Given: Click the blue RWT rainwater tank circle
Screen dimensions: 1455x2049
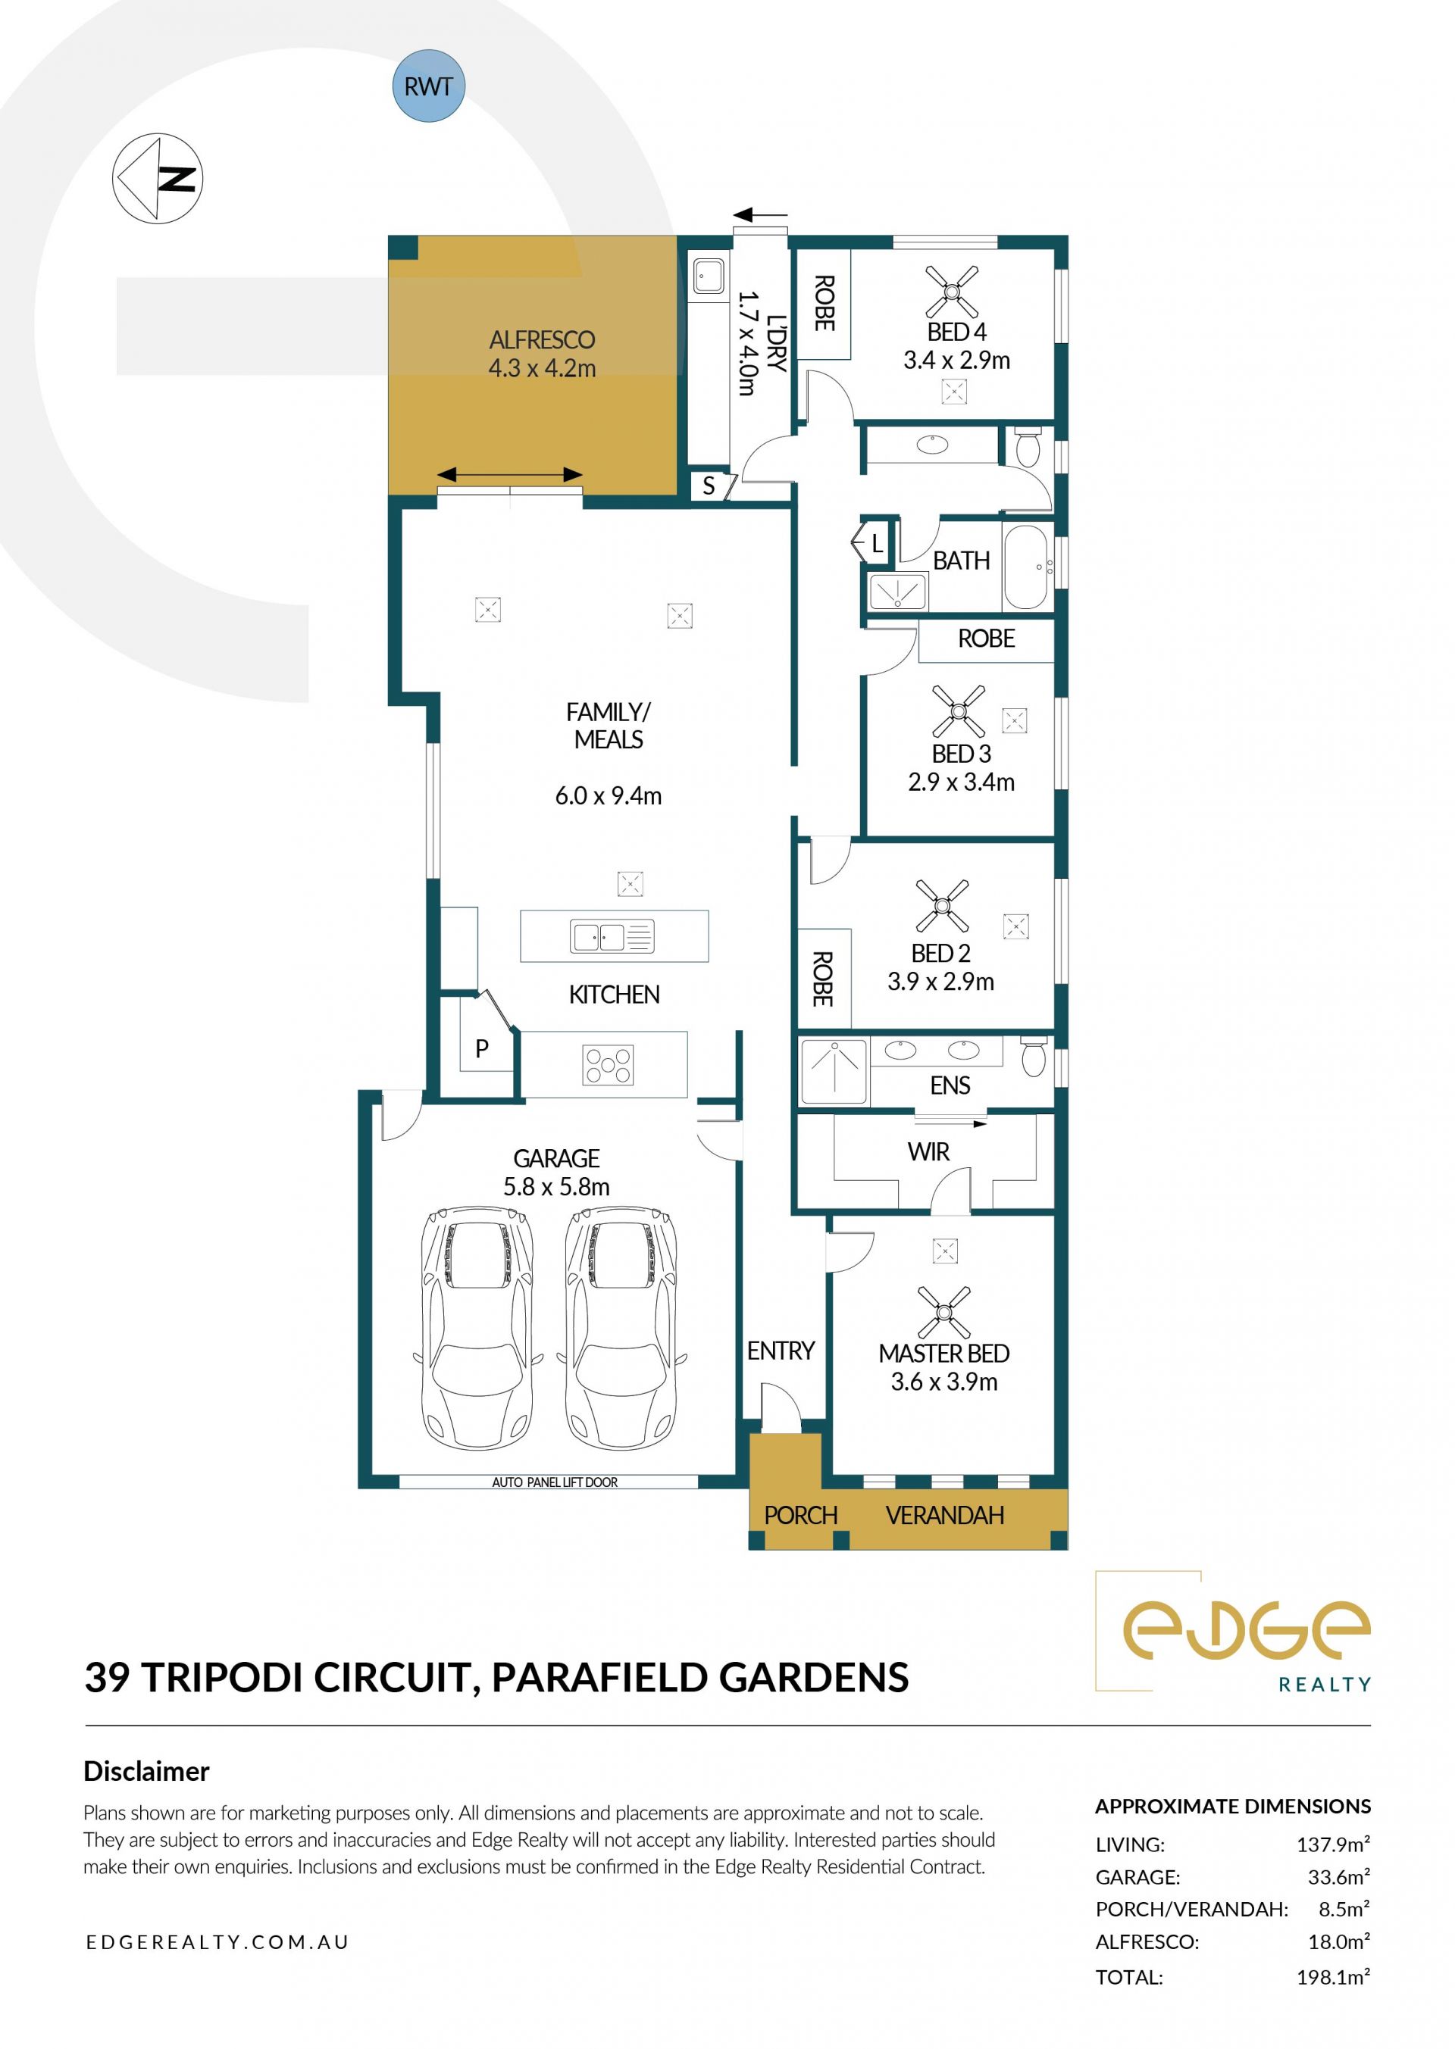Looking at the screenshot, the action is pyautogui.click(x=428, y=86).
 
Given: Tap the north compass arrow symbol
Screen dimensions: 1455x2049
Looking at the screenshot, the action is pyautogui.click(x=158, y=178).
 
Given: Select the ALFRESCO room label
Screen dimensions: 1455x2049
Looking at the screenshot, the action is pyautogui.click(x=542, y=340).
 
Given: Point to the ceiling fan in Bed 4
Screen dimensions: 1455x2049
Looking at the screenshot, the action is pyautogui.click(x=952, y=290).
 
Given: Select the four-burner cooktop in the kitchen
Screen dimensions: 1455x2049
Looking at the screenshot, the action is pyautogui.click(x=609, y=1065).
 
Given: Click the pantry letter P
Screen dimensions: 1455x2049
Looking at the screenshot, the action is pyautogui.click(x=482, y=1048).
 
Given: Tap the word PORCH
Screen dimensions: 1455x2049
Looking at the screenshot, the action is pyautogui.click(x=801, y=1515).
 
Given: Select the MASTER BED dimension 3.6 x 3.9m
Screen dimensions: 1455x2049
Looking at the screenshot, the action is pyautogui.click(x=944, y=1382).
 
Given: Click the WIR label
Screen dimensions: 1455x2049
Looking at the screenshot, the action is pyautogui.click(x=928, y=1151).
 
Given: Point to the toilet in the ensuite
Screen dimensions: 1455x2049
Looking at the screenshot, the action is pyautogui.click(x=1034, y=1057).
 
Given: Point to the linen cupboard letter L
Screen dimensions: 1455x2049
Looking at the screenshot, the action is pyautogui.click(x=877, y=542).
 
